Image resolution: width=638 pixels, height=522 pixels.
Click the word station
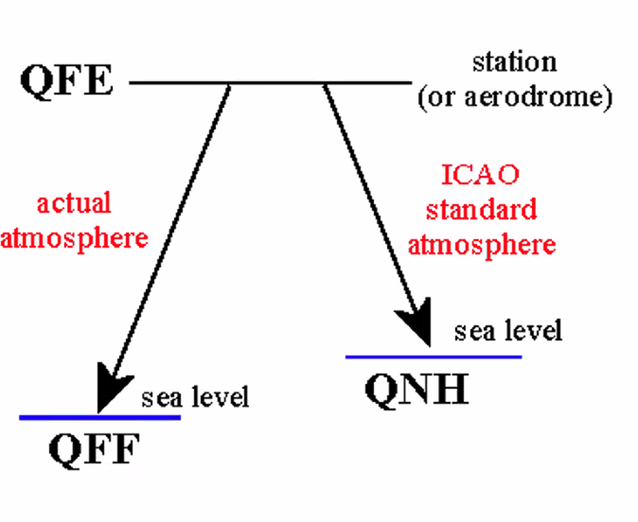tap(515, 63)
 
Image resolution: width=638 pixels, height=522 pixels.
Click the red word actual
tap(73, 203)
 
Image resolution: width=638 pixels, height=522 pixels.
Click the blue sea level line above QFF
tap(57, 417)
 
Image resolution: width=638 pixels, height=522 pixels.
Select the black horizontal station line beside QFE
tap(275, 82)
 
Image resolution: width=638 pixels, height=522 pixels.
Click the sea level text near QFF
tap(195, 396)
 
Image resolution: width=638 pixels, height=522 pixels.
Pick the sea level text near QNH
tap(507, 331)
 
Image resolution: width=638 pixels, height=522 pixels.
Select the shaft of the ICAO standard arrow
tap(369, 199)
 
